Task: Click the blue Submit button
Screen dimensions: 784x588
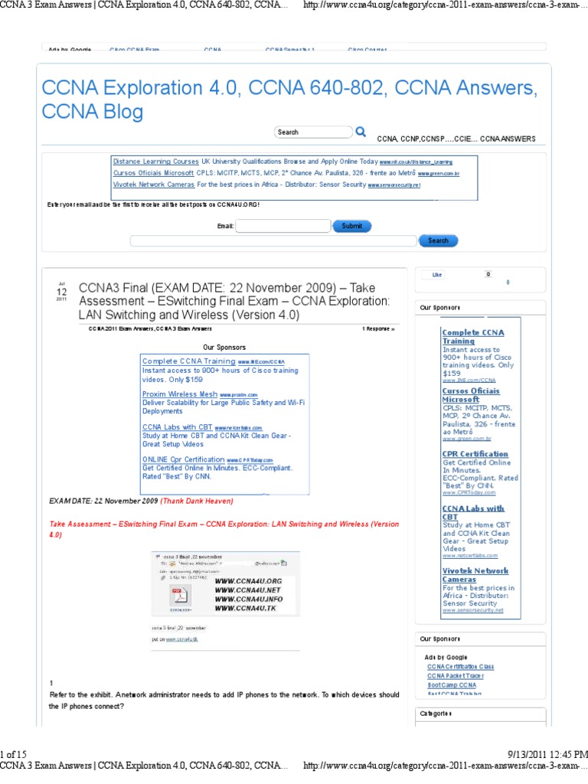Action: click(352, 226)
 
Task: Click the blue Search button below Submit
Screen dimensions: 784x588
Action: click(438, 240)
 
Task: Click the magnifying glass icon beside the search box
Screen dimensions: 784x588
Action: click(361, 132)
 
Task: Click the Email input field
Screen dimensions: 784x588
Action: click(283, 226)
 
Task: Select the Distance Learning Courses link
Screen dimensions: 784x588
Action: click(156, 162)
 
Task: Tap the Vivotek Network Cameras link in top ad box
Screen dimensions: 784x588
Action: click(153, 185)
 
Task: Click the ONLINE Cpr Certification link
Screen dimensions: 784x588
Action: click(183, 459)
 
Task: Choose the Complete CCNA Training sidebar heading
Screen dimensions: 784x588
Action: click(472, 336)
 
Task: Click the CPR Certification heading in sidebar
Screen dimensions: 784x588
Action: click(475, 454)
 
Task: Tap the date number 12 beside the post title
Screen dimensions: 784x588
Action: click(62, 291)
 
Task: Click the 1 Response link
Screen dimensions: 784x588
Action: click(378, 328)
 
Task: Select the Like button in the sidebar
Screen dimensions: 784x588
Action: click(437, 274)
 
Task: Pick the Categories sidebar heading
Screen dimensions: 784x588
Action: click(436, 714)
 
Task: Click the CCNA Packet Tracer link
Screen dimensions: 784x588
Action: click(455, 676)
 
